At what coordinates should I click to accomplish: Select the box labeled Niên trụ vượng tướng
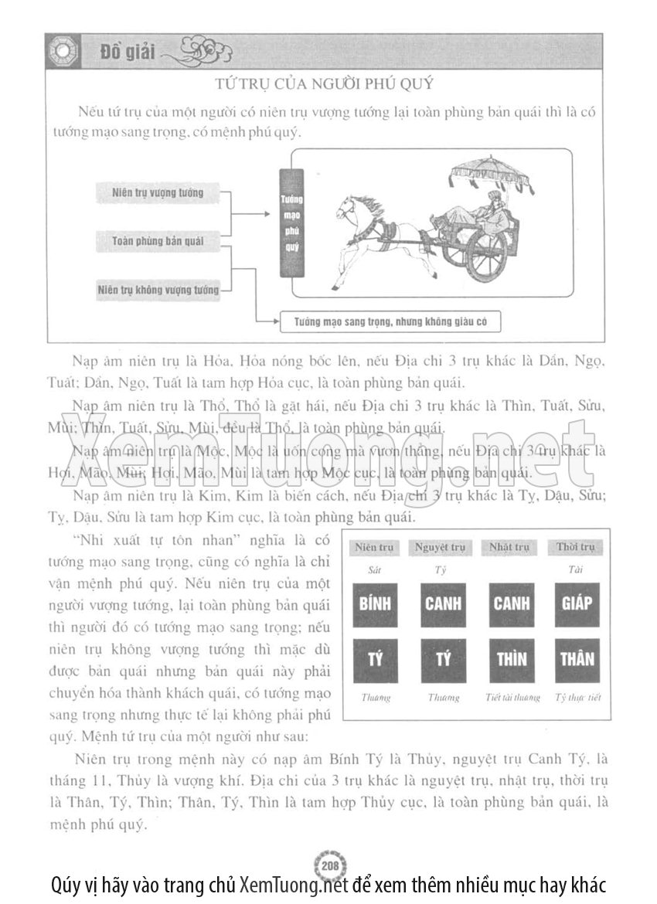click(157, 192)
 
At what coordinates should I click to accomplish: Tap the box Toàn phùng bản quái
click(157, 241)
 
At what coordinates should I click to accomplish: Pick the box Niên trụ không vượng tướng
click(158, 291)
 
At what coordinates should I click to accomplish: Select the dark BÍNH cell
click(375, 604)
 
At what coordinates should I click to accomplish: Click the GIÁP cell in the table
click(577, 603)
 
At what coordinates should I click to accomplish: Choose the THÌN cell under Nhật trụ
click(512, 659)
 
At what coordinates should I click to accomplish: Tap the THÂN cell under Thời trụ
click(577, 659)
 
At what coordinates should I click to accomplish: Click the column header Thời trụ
click(576, 548)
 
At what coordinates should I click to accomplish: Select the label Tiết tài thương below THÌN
click(512, 698)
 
